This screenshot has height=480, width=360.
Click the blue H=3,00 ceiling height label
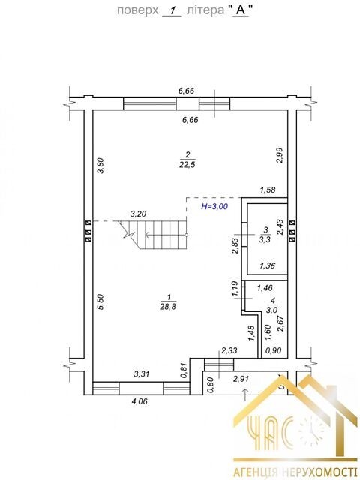(214, 206)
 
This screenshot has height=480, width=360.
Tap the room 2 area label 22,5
(187, 165)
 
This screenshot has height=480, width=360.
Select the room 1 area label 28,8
(168, 307)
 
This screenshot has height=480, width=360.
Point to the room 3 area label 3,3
(265, 239)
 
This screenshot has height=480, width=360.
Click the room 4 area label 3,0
(271, 310)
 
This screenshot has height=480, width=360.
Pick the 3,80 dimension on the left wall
(101, 166)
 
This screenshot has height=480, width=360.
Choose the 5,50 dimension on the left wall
(101, 301)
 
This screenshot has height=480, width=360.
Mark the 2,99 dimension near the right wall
(280, 155)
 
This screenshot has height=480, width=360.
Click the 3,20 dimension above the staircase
(138, 214)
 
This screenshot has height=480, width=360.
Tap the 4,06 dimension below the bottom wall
(139, 401)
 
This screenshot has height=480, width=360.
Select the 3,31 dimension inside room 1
(142, 373)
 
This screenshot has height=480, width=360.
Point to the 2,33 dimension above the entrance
(229, 350)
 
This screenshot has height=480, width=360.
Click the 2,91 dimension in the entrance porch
(241, 379)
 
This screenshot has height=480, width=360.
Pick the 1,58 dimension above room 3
(268, 190)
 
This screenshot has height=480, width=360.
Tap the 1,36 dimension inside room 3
(267, 265)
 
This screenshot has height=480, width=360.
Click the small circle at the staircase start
(187, 235)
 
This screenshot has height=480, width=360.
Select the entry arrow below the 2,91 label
(245, 394)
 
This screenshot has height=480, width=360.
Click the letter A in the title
(241, 10)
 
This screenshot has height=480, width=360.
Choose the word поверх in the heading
(138, 11)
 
